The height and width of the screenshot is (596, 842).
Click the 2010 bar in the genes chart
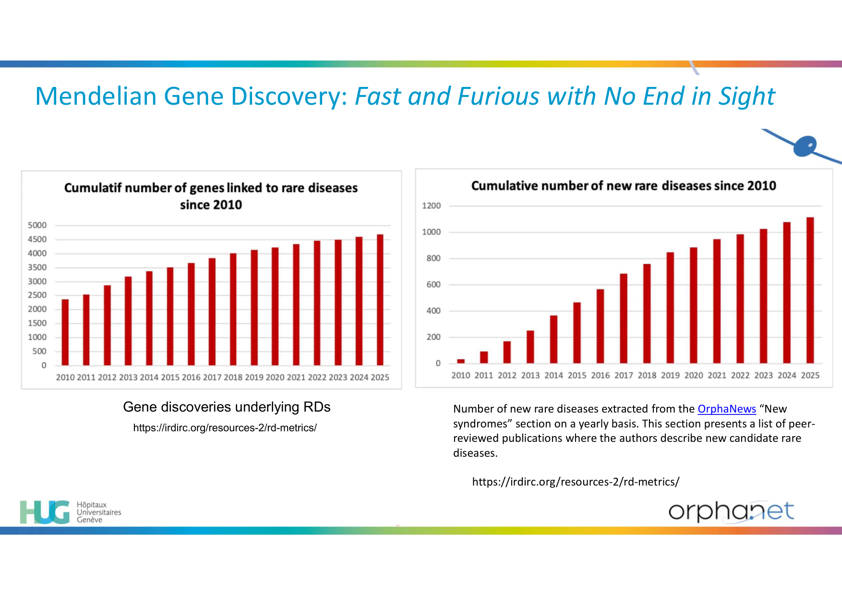(65, 332)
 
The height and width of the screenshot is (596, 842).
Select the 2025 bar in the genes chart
(380, 300)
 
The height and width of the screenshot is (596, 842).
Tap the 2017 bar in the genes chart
(212, 312)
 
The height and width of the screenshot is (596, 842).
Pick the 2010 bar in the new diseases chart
(461, 361)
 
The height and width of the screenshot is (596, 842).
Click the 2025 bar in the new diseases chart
(810, 290)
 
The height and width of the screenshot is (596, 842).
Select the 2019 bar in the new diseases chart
(670, 307)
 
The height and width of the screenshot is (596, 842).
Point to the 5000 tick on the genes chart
(37, 225)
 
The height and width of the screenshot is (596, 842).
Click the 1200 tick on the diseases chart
(431, 206)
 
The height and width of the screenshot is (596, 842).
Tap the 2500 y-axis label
(37, 295)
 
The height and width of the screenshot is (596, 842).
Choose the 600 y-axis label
(433, 285)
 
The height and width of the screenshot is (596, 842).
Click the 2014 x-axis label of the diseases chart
(553, 376)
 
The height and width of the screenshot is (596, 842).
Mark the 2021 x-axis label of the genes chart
(296, 377)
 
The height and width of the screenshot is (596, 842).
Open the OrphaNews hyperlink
(727, 409)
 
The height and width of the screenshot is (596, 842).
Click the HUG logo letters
(45, 512)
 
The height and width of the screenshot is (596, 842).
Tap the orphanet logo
(731, 511)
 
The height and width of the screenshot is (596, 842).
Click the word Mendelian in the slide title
(96, 96)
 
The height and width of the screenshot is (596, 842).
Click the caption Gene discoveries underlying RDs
(227, 407)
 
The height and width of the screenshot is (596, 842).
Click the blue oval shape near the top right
(806, 146)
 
